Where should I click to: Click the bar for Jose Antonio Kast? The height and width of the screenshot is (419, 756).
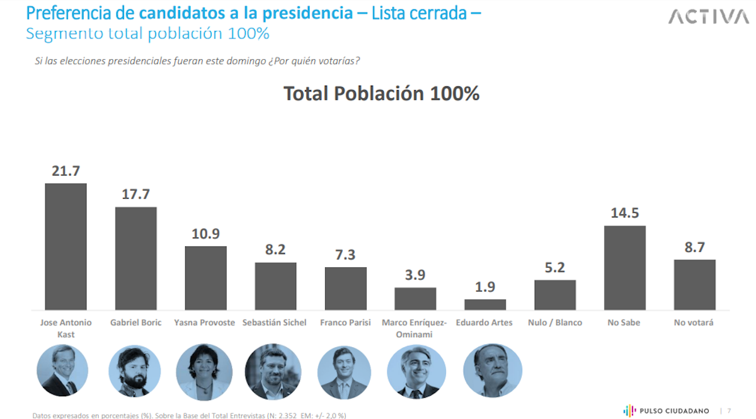coord(66,246)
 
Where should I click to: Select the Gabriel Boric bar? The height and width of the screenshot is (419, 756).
coord(135,258)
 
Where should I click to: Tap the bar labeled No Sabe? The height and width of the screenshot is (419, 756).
coord(624,268)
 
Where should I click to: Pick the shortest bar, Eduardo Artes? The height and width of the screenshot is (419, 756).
coord(485,304)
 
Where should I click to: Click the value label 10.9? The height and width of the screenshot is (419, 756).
coord(205,234)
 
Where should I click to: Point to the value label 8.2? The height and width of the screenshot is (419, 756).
coord(275,250)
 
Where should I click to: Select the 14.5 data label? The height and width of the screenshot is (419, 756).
coord(624,213)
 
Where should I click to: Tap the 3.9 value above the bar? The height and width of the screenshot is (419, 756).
coord(415,275)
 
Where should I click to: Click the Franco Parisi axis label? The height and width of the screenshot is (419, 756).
coord(345,323)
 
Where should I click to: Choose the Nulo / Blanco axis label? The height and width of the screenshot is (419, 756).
coord(555,323)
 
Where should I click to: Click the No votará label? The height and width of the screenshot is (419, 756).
coord(694,323)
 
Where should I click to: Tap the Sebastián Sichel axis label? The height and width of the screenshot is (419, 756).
coord(275,323)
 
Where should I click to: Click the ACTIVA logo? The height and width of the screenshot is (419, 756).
coord(708,16)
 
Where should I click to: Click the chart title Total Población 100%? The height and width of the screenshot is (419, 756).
coord(381,93)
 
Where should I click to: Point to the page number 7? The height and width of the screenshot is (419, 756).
coord(730,410)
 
